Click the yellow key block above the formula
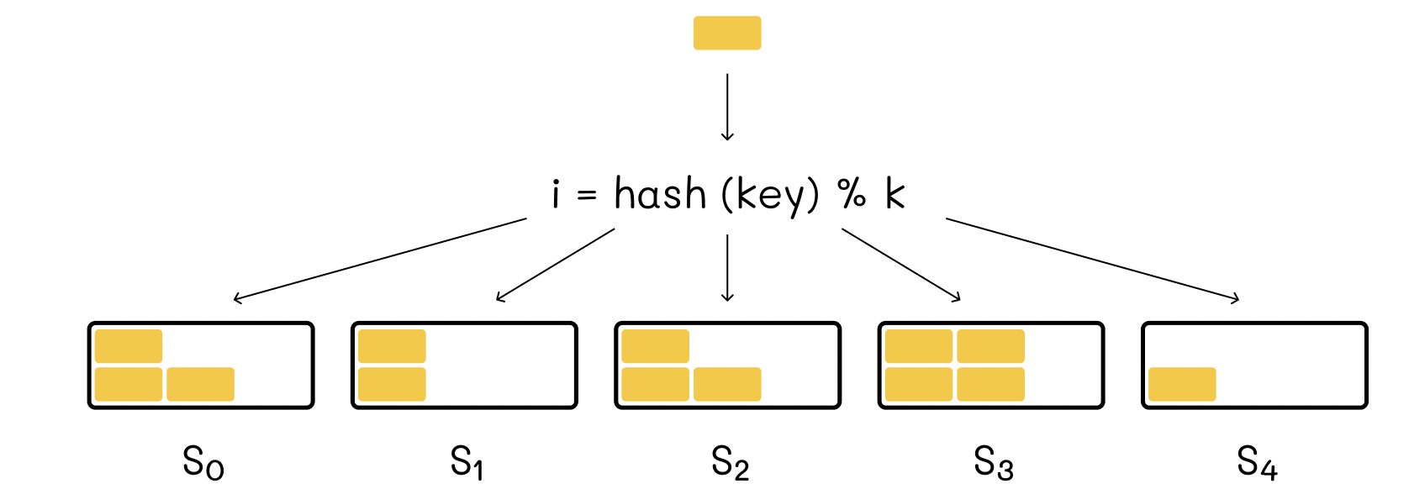pyautogui.click(x=727, y=33)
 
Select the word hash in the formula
pyautogui.click(x=661, y=193)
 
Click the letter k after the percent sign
pyautogui.click(x=894, y=193)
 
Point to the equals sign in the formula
pyautogui.click(x=586, y=196)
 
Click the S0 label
pyautogui.click(x=203, y=463)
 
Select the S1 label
pyautogui.click(x=466, y=463)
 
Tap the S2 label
pyautogui.click(x=730, y=463)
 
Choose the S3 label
pyautogui.click(x=993, y=463)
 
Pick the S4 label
pyautogui.click(x=1257, y=463)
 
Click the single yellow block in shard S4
pyautogui.click(x=1182, y=384)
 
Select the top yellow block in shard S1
pyautogui.click(x=392, y=346)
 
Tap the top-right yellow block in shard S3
pyautogui.click(x=990, y=346)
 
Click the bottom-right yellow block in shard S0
pyautogui.click(x=201, y=384)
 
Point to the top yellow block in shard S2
pyautogui.click(x=656, y=346)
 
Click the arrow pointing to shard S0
pyautogui.click(x=380, y=260)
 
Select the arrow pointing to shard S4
pyautogui.click(x=1093, y=260)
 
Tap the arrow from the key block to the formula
pyautogui.click(x=727, y=107)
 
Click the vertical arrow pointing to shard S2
pyautogui.click(x=727, y=268)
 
